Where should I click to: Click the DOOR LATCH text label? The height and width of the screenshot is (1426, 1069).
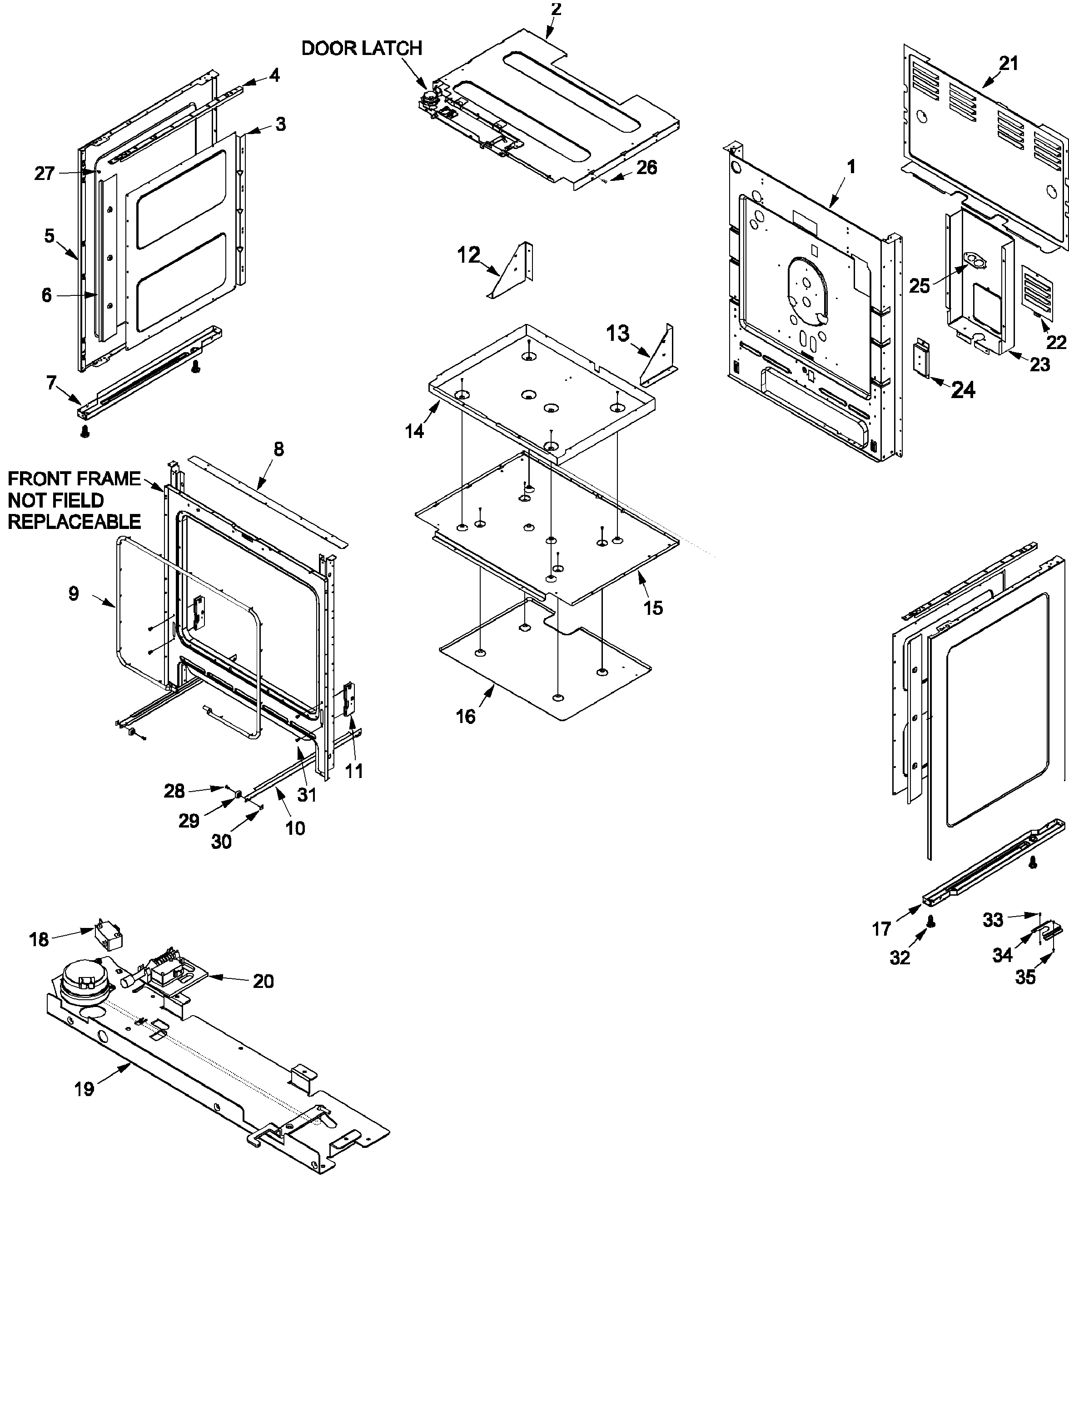point(362,48)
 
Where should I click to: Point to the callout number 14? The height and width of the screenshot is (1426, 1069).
point(414,431)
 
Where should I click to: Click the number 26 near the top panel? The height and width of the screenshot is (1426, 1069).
point(646,168)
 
